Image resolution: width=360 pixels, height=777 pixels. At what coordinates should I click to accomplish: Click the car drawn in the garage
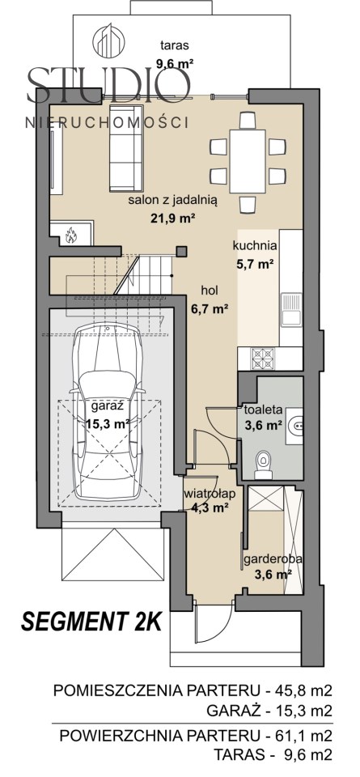pos(107,410)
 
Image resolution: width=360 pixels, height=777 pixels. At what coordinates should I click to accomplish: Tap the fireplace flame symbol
pos(72,235)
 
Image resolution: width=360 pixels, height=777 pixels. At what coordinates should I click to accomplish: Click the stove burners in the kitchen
pos(264,359)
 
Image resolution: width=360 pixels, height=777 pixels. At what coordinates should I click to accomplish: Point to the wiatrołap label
pos(209,494)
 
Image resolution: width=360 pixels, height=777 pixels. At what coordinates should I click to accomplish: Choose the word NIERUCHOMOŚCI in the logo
pos(107,122)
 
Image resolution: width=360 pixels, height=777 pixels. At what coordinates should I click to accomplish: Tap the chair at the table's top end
pos(247,120)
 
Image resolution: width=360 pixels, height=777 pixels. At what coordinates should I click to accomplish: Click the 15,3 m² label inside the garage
pos(108,423)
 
